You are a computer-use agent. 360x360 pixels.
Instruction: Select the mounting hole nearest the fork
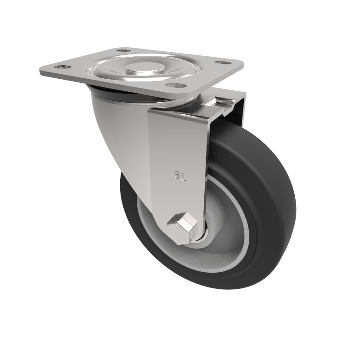click(x=175, y=84)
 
